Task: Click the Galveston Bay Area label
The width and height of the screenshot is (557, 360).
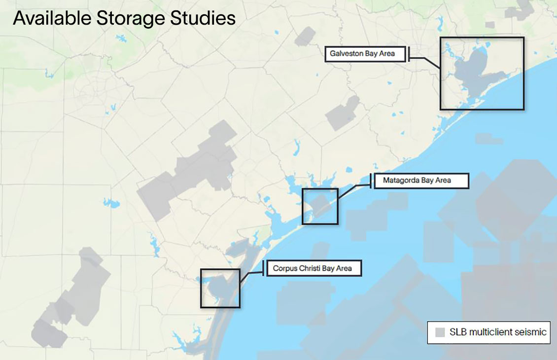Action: coord(365,54)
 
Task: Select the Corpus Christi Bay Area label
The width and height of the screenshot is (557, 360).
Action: coord(314,268)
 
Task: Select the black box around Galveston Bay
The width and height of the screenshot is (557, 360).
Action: coord(482,37)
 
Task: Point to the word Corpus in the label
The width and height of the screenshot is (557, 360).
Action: coord(284,268)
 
